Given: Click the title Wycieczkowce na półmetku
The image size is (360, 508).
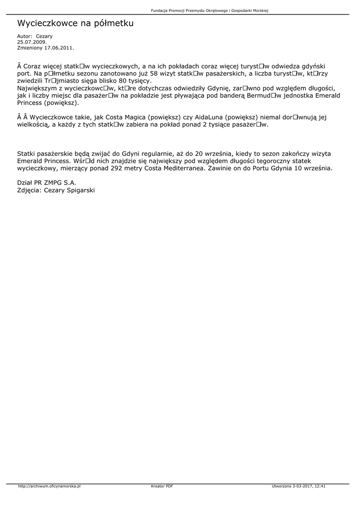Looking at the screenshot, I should (x=75, y=23).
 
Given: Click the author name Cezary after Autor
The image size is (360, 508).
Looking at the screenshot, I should (x=44, y=36).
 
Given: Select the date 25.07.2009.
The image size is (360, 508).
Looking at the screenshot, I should (x=32, y=42).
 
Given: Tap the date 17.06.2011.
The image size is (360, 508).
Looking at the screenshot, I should (x=59, y=48).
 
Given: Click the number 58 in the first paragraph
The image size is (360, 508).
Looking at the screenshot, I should (x=154, y=73).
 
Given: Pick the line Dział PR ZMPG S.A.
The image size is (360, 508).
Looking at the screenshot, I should (x=47, y=183).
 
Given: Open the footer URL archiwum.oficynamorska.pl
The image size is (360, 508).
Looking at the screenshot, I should (x=49, y=487).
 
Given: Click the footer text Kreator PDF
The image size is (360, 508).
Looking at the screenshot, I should (x=162, y=487).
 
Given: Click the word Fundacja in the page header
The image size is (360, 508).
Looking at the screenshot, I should (x=159, y=11).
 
